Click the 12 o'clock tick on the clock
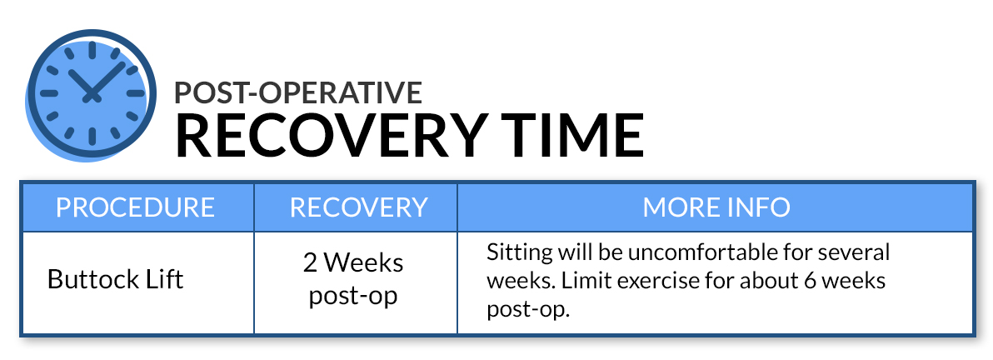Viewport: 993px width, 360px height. coord(92,51)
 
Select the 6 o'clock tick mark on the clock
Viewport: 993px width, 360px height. coord(92,137)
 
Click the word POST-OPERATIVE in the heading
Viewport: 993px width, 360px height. coord(298,92)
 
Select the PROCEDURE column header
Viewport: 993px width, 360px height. coord(136,207)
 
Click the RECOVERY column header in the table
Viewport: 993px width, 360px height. coord(358,207)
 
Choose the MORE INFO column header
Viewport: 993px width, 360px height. coord(716,207)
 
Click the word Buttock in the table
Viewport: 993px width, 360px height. coord(91,279)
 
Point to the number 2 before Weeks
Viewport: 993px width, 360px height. coord(310,262)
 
